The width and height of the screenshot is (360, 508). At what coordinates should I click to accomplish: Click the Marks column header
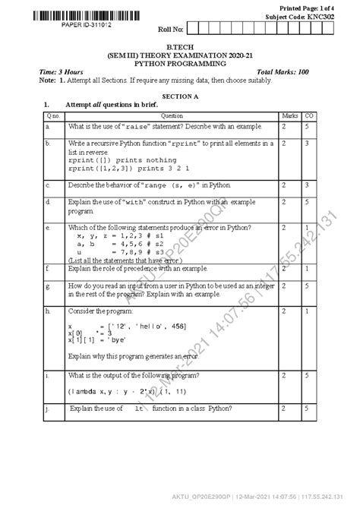[290, 115]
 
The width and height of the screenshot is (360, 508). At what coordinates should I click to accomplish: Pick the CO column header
[309, 115]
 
